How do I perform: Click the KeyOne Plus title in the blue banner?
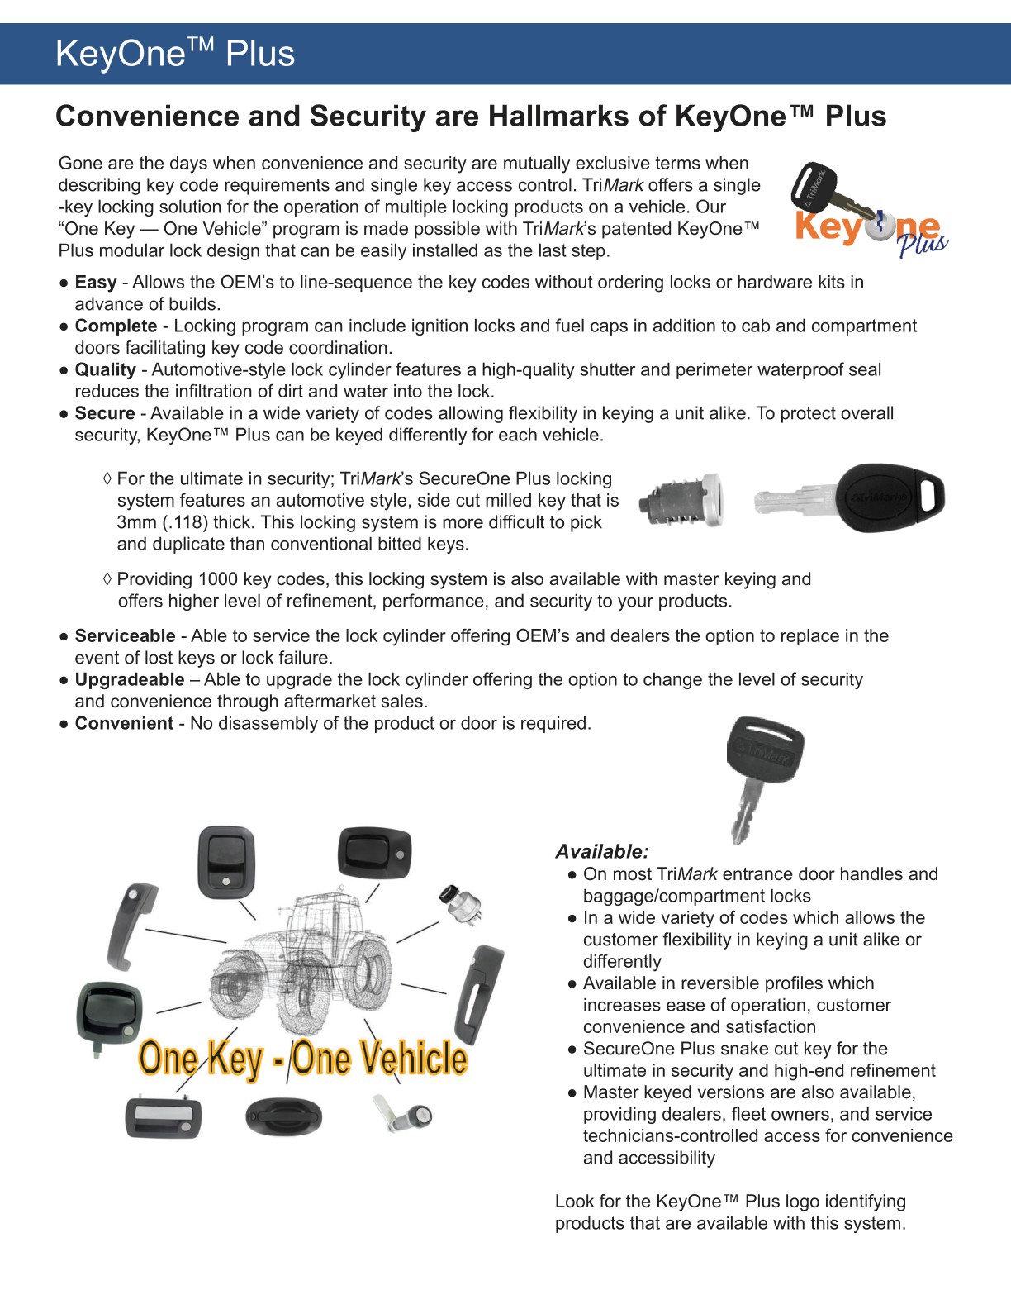click(x=174, y=54)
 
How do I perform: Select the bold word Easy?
click(x=95, y=283)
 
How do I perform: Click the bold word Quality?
click(x=105, y=370)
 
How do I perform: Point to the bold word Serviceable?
click(x=125, y=636)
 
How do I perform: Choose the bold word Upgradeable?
click(x=130, y=680)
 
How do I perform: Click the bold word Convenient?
click(x=124, y=724)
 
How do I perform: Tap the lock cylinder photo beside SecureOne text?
click(x=682, y=499)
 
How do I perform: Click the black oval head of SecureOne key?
click(x=890, y=497)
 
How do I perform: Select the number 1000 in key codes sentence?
click(x=216, y=579)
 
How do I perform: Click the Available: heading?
click(x=601, y=852)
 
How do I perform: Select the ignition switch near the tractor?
click(x=459, y=904)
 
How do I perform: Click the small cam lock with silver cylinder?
click(x=406, y=1116)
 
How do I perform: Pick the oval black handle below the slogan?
click(x=283, y=1116)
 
